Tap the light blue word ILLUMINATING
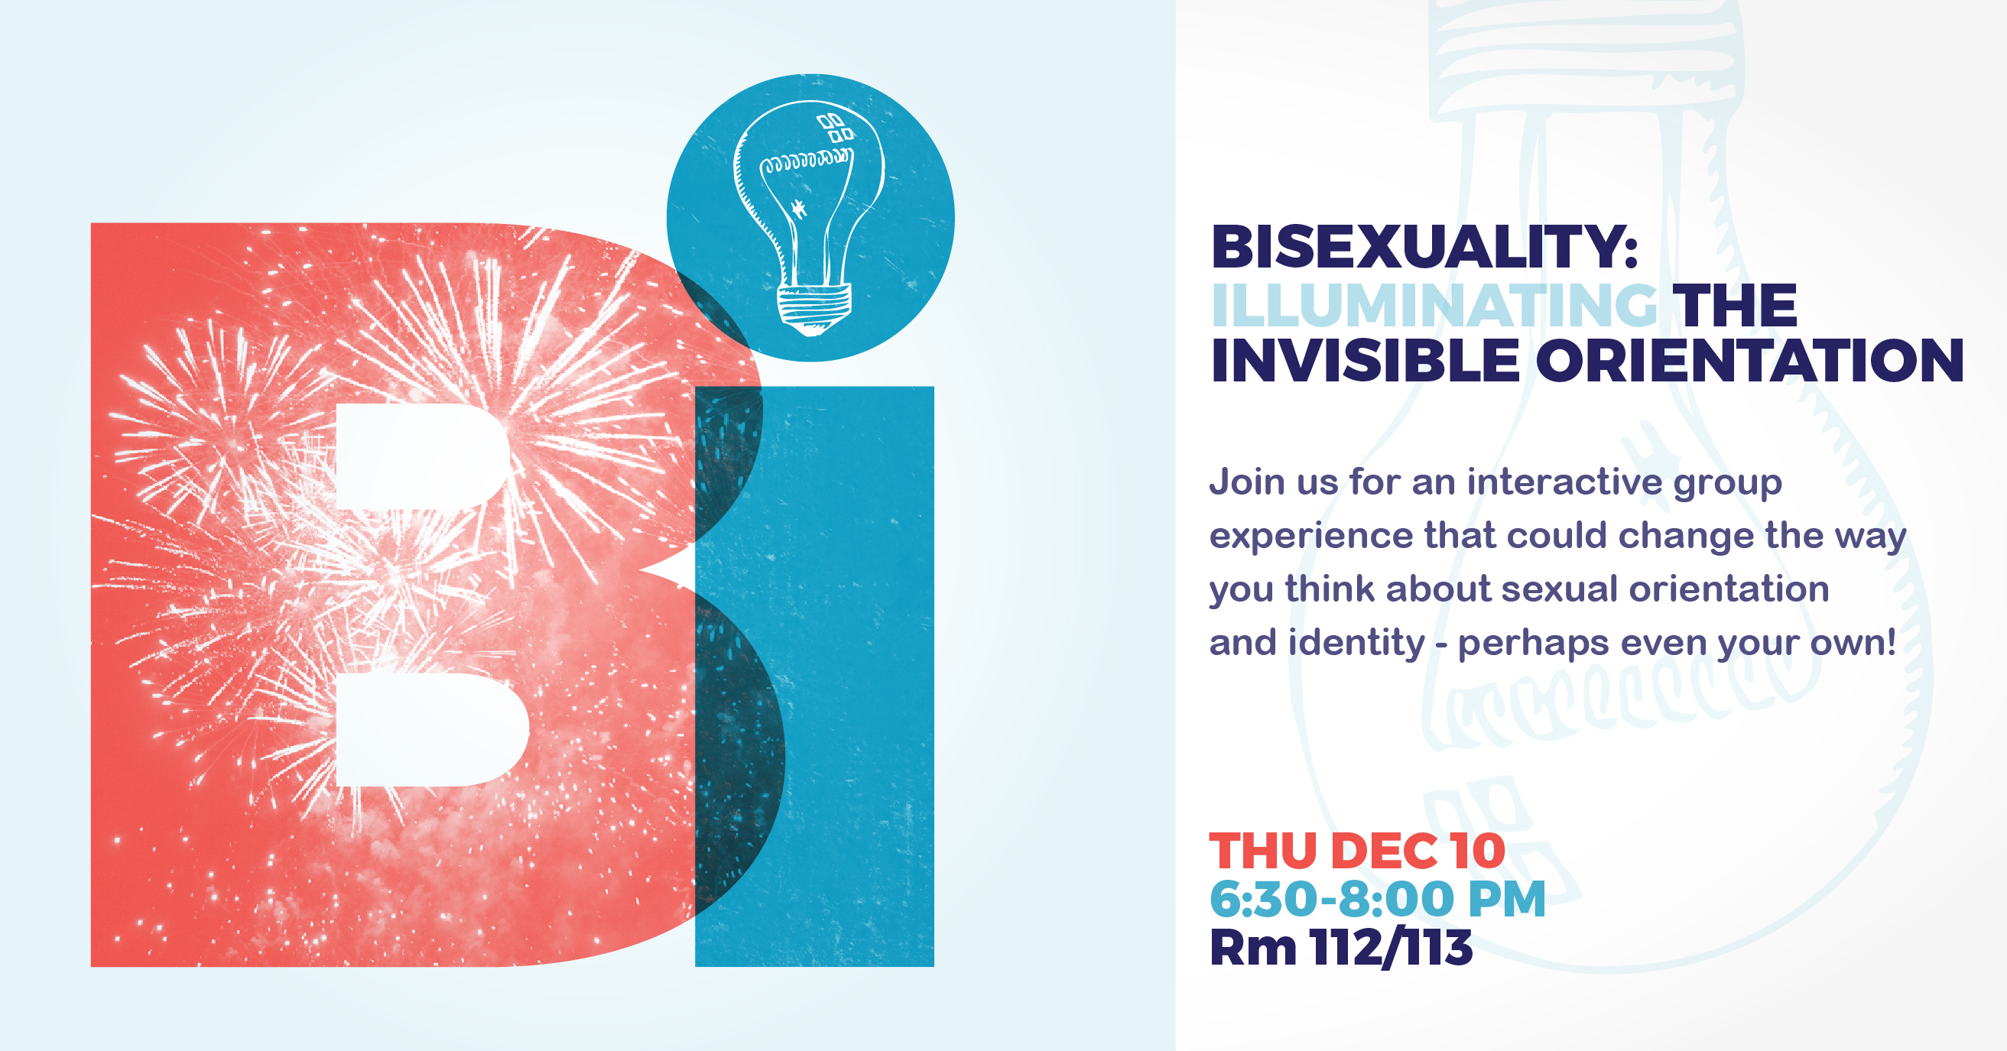1434,305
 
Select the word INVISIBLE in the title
1365,361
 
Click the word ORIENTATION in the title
1749,361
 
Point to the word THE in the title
1738,305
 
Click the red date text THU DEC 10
1357,851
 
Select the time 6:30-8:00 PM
1378,899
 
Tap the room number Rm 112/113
1341,948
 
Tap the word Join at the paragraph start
1246,482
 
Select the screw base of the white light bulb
814,309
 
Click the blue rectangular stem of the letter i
814,676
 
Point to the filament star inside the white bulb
797,208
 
